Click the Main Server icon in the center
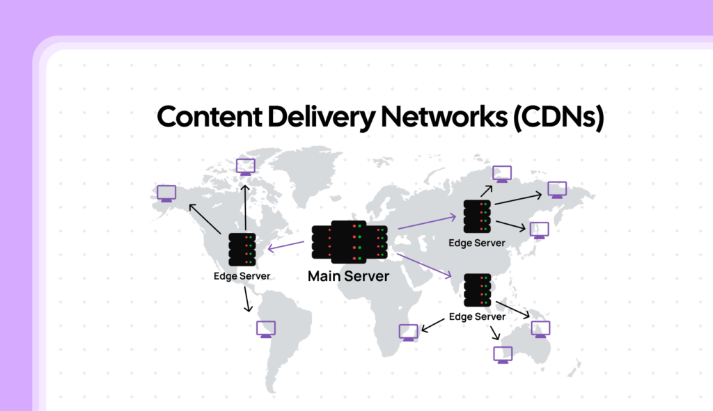pos(349,242)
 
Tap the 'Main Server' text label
pos(348,277)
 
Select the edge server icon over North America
pos(242,249)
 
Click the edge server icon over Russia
pos(477,216)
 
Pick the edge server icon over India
pos(477,290)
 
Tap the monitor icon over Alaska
pos(166,193)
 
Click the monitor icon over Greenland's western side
pos(245,167)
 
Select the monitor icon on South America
pos(266,328)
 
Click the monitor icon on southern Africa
pos(409,333)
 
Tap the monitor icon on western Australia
pos(503,354)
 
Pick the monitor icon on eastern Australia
pos(540,329)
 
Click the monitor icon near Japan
pos(539,230)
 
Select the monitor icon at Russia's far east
pos(557,189)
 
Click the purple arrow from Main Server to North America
pos(288,245)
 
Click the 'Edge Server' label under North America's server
pos(242,276)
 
